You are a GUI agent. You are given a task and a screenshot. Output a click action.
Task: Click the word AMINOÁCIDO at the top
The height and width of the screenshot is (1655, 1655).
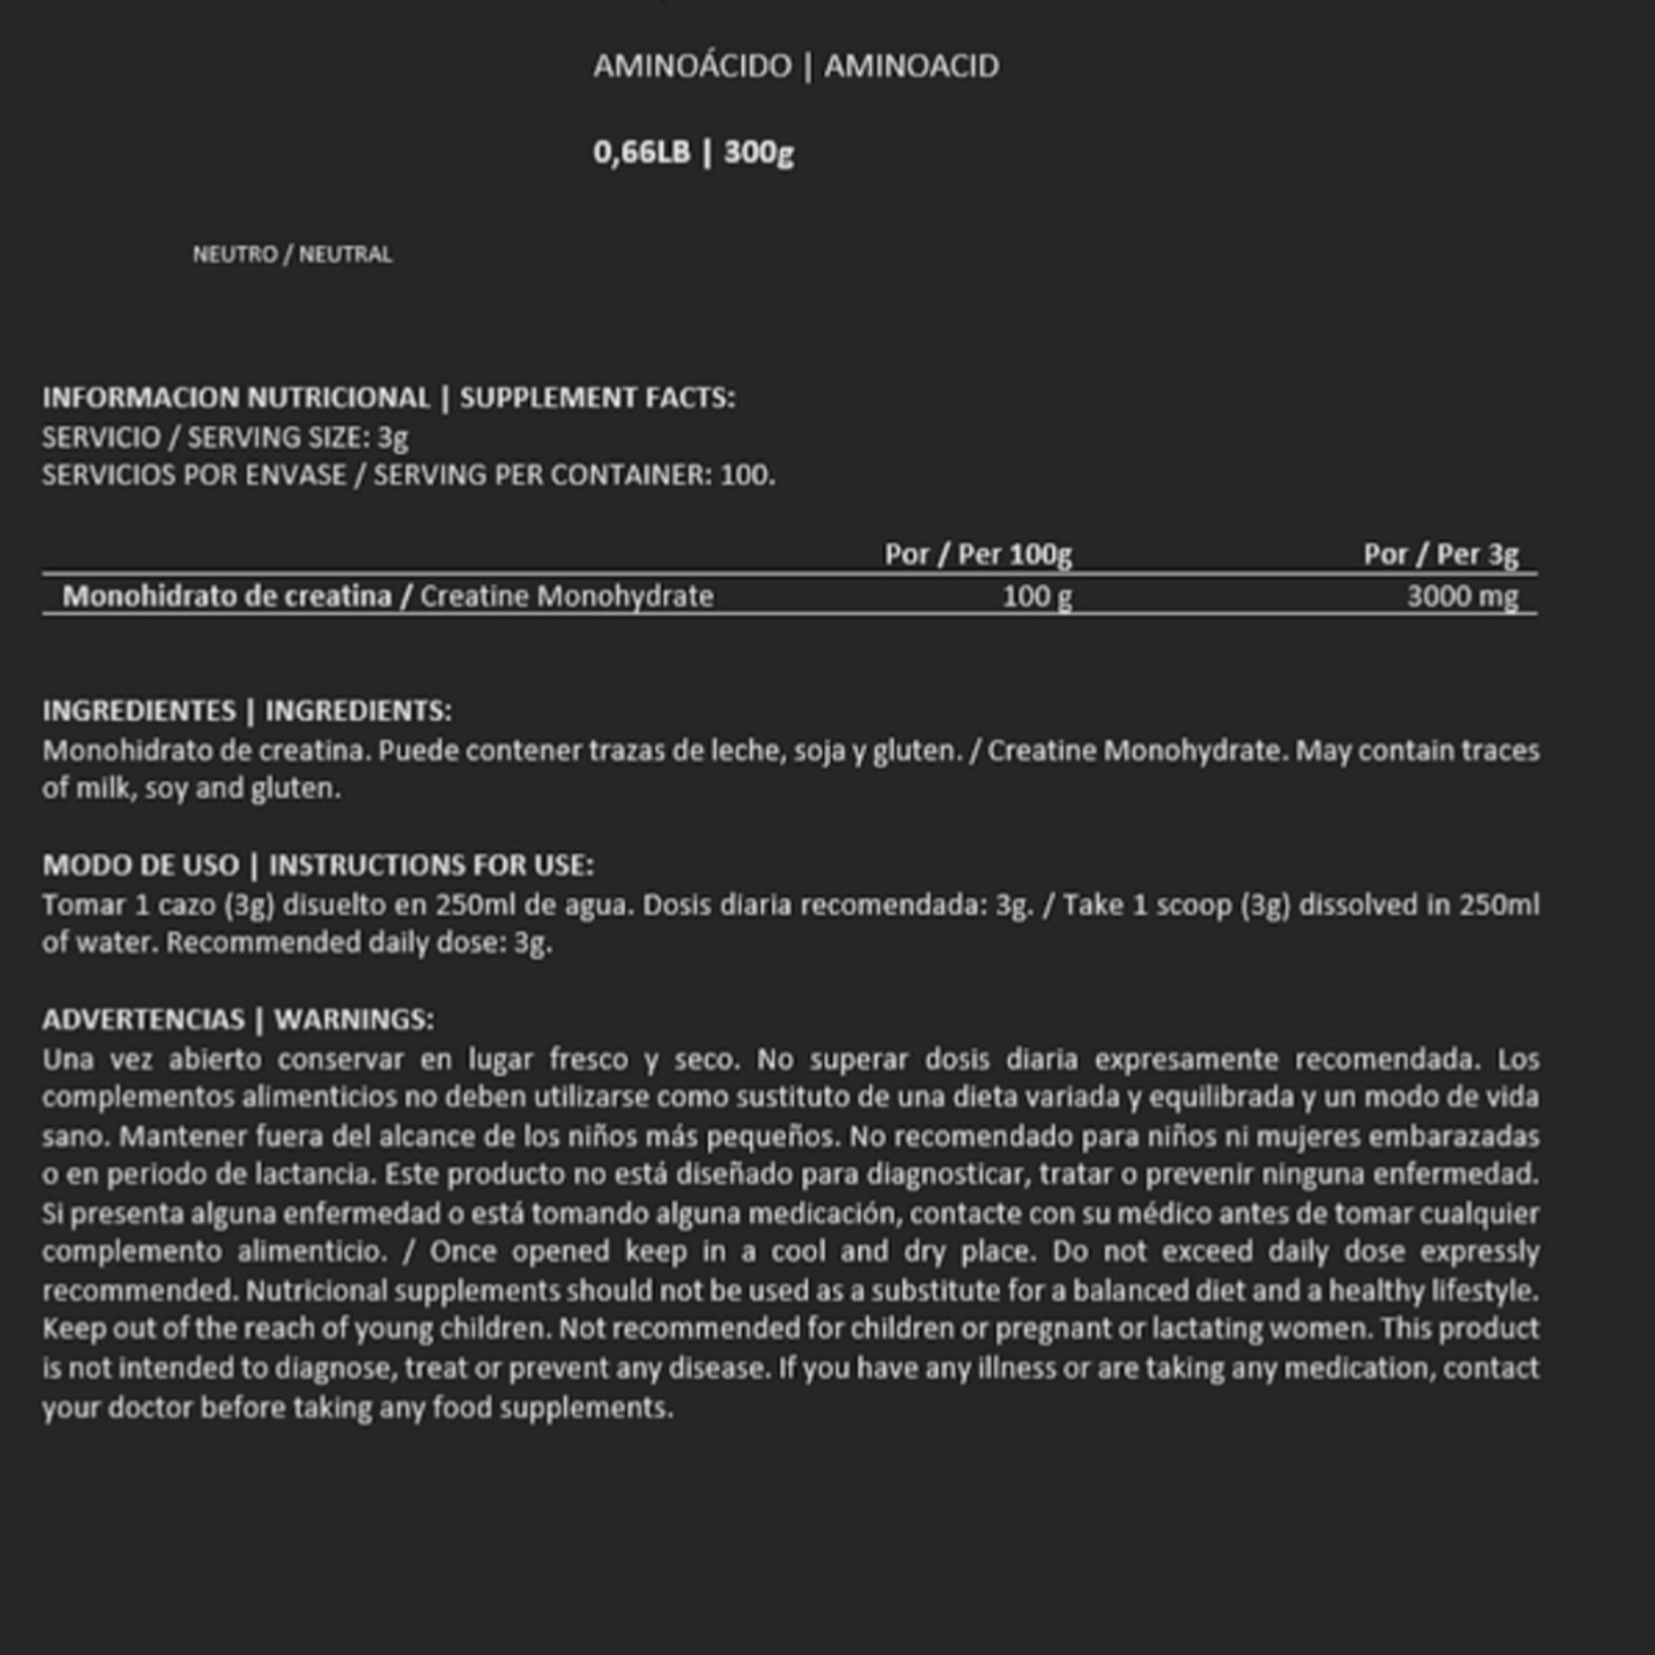[x=691, y=66]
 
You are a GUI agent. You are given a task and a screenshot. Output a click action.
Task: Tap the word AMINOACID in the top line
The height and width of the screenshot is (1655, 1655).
[x=911, y=66]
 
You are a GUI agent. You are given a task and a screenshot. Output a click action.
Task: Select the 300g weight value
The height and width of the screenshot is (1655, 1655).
[x=759, y=153]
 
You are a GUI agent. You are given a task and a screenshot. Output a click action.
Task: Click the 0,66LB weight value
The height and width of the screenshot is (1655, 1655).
[x=641, y=153]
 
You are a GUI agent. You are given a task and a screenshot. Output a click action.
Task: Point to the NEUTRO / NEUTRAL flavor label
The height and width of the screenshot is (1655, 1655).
[x=292, y=254]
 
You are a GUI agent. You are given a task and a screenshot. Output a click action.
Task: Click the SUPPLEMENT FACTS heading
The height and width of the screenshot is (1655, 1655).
[x=596, y=397]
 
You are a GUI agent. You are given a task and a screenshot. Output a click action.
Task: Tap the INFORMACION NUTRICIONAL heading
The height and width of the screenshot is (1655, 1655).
[x=236, y=397]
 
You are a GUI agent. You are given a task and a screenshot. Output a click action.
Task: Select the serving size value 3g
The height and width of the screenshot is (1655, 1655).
[x=393, y=438]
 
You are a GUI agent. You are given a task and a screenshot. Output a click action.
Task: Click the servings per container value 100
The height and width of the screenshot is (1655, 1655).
[x=746, y=475]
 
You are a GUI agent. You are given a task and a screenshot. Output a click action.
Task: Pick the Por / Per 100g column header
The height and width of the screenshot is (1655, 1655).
[x=977, y=554]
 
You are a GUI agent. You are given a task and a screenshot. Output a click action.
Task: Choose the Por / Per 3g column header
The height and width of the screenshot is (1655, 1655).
[x=1440, y=554]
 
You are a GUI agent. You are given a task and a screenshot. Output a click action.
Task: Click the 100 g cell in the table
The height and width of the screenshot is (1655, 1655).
[x=1036, y=596]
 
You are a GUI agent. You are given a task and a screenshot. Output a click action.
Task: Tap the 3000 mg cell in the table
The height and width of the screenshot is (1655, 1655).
[x=1462, y=596]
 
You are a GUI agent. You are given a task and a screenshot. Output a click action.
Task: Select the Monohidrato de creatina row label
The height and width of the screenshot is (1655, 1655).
[x=227, y=596]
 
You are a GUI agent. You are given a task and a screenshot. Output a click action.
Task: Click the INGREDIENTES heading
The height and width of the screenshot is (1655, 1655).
[x=139, y=711]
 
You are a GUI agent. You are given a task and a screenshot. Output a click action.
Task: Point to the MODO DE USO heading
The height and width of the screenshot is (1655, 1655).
[x=141, y=865]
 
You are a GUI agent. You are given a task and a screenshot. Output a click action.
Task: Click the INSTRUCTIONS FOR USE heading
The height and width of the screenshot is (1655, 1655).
[x=431, y=865]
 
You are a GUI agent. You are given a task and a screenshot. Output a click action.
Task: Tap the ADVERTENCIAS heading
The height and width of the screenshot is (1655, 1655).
[x=143, y=1020]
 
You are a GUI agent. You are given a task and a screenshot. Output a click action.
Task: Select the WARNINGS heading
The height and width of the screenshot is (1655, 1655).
[x=354, y=1020]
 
